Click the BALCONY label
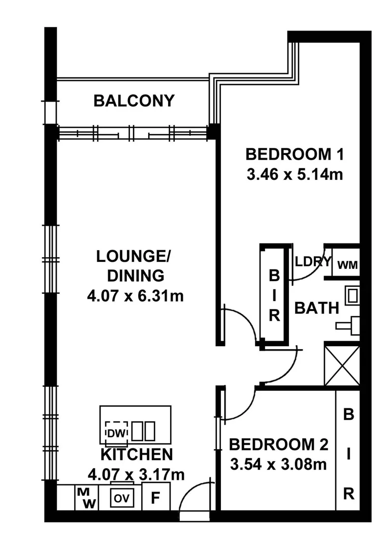[134, 101]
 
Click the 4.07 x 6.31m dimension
[135, 295]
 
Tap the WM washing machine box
[347, 264]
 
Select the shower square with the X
[342, 365]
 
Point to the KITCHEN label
[137, 454]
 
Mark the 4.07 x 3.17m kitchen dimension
[136, 475]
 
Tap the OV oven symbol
[122, 498]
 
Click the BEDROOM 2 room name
[279, 444]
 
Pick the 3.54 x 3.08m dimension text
[278, 464]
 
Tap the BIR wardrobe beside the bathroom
[274, 296]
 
